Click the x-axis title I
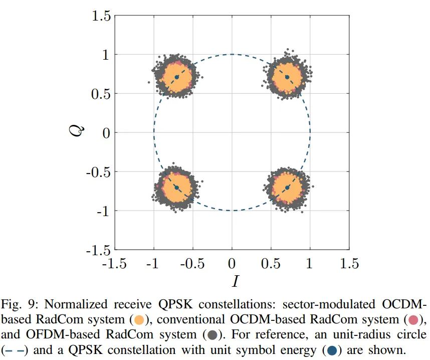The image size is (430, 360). click(235, 281)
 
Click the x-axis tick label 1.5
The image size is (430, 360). click(349, 263)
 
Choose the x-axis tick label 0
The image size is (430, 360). click(232, 263)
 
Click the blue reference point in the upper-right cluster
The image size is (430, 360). click(287, 77)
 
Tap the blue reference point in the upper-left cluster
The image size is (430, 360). click(176, 77)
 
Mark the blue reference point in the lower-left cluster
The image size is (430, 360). click(176, 188)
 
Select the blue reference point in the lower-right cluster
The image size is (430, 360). click(287, 188)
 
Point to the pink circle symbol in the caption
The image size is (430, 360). click(413, 320)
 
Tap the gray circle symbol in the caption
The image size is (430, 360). click(211, 335)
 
